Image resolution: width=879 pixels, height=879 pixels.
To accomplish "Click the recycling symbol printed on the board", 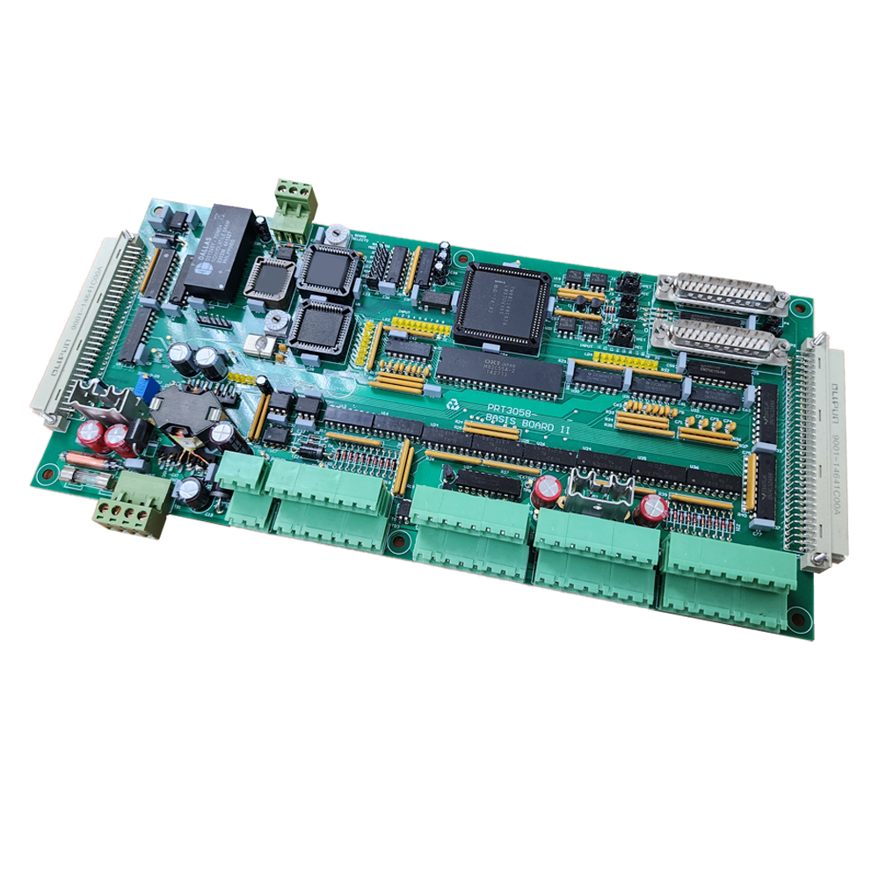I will click(454, 403).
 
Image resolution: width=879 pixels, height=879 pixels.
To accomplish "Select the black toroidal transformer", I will click(185, 413).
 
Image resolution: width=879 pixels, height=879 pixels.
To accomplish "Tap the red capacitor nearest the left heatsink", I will click(91, 437).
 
